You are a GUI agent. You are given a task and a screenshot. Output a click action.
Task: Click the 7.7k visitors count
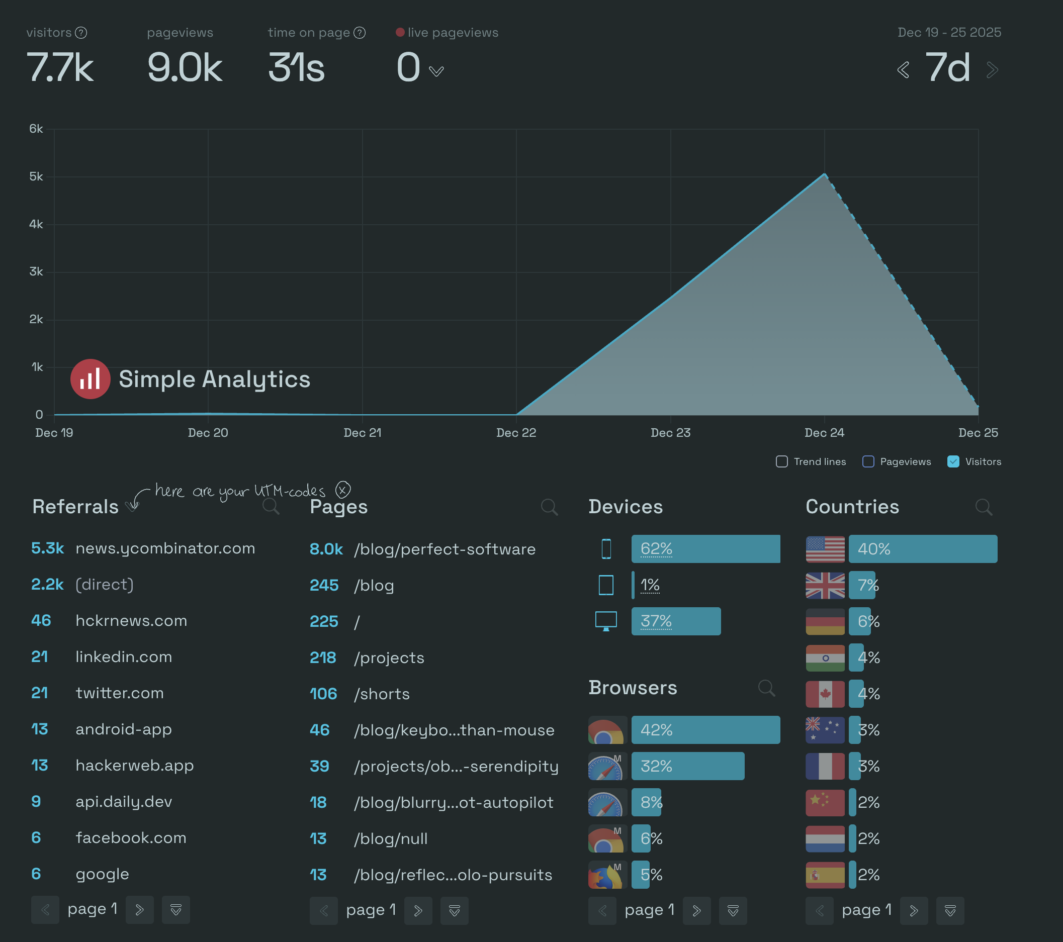pyautogui.click(x=60, y=67)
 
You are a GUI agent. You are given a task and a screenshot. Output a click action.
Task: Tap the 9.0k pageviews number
pyautogui.click(x=185, y=67)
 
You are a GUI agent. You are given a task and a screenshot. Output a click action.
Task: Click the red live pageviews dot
pyautogui.click(x=400, y=32)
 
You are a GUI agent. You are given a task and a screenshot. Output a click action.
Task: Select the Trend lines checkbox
pyautogui.click(x=781, y=461)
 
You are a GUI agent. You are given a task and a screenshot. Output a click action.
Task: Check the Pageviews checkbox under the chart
pyautogui.click(x=868, y=461)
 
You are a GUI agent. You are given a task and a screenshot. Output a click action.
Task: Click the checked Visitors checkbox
pyautogui.click(x=953, y=461)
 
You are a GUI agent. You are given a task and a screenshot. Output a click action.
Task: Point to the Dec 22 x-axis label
pyautogui.click(x=516, y=432)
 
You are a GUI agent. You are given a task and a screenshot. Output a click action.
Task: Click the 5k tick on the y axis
pyautogui.click(x=36, y=177)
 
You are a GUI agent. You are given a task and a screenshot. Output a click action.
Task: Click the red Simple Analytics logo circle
pyautogui.click(x=91, y=379)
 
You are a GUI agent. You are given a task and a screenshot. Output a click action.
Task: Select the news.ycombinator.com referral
pyautogui.click(x=165, y=548)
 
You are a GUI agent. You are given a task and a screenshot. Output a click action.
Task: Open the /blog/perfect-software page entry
pyautogui.click(x=445, y=549)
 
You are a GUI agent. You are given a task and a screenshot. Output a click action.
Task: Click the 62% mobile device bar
pyautogui.click(x=705, y=549)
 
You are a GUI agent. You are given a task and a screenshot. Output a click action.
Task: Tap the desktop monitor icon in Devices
pyautogui.click(x=606, y=621)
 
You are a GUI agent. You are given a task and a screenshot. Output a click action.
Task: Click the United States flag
pyautogui.click(x=825, y=549)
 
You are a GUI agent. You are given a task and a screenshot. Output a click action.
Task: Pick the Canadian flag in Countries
pyautogui.click(x=825, y=694)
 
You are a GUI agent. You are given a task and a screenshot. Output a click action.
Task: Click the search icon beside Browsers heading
pyautogui.click(x=766, y=688)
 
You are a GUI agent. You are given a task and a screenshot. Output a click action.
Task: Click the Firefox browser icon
pyautogui.click(x=605, y=875)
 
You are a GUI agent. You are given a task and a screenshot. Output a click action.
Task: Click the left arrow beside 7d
pyautogui.click(x=903, y=70)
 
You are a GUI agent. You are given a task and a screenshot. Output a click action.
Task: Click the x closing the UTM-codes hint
pyautogui.click(x=343, y=490)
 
